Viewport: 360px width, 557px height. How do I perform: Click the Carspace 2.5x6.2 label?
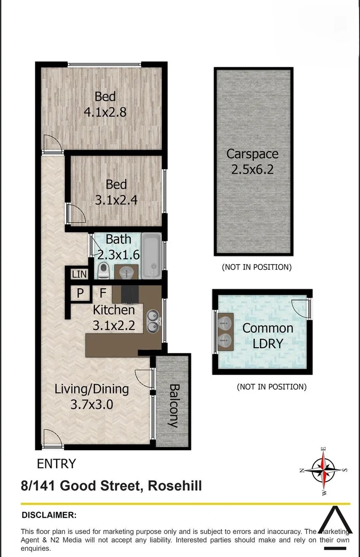click(252, 162)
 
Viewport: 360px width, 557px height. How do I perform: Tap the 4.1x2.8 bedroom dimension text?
click(105, 112)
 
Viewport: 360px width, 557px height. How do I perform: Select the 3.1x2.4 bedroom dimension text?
click(116, 200)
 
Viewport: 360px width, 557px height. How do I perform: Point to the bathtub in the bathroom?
click(151, 255)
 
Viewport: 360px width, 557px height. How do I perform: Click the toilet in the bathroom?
click(103, 269)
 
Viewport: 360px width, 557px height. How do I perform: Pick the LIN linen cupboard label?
click(79, 274)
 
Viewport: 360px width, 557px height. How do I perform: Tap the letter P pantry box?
click(80, 293)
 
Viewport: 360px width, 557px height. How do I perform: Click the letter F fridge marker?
click(103, 293)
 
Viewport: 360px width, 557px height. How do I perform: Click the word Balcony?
click(173, 405)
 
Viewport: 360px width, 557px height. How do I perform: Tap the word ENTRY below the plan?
click(56, 464)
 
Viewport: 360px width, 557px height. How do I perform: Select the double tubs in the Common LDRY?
click(225, 332)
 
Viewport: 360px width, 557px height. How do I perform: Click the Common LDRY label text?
click(268, 335)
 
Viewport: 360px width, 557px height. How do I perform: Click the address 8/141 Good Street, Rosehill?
click(111, 486)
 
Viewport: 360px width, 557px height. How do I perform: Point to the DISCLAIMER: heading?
click(49, 515)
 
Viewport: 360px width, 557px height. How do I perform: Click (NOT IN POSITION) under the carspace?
click(256, 267)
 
